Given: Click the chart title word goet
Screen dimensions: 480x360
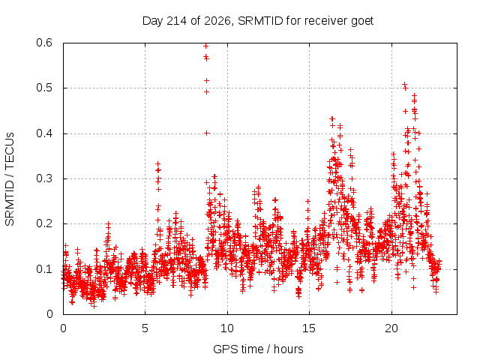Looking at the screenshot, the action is (362, 22).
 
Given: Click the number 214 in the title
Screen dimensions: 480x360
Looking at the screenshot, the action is (176, 21).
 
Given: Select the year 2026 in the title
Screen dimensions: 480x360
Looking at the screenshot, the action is (217, 21).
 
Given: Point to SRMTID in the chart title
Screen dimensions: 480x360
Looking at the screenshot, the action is (260, 21).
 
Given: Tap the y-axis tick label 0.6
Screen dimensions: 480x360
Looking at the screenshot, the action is (45, 43).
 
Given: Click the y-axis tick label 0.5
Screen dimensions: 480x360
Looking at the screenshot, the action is (45, 88).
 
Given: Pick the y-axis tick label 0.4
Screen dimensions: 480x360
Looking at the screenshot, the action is (45, 133).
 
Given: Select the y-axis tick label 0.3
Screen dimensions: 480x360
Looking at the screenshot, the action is (45, 178).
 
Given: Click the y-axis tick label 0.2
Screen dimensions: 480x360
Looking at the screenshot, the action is (45, 223).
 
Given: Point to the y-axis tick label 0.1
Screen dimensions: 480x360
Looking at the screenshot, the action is (45, 269).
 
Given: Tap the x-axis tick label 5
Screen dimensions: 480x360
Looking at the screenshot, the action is (145, 328).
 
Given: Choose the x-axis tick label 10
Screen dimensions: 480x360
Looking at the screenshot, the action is (227, 328).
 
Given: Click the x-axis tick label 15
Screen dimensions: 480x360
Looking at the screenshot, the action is (309, 328).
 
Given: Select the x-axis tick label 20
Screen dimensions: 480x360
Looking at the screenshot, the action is (391, 328).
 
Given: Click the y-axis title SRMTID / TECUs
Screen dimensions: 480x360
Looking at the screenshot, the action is (10, 179).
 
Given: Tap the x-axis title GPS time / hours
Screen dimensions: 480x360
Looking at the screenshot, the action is (258, 349).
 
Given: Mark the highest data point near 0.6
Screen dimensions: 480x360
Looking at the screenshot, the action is (206, 46).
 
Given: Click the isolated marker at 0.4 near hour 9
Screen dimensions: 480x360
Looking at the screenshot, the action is (207, 133).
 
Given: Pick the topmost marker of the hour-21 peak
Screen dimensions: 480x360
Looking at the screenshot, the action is (404, 84).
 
